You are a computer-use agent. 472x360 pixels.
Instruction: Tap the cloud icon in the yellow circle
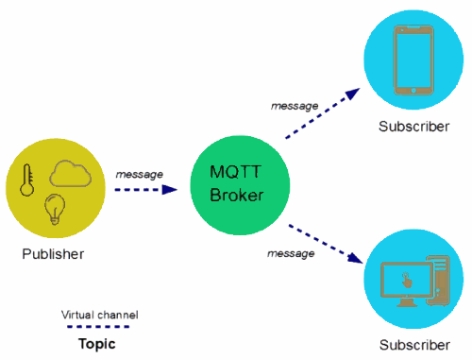coord(69,175)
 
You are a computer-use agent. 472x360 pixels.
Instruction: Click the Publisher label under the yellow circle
coord(53,253)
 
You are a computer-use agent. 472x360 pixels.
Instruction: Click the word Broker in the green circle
coord(235,196)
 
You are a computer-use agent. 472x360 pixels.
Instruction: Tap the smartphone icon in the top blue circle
coord(411,60)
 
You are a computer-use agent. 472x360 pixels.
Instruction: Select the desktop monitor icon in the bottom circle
coord(404,282)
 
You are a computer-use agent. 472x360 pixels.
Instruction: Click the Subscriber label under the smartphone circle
coord(413,127)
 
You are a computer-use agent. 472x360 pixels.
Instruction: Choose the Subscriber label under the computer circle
coord(413,345)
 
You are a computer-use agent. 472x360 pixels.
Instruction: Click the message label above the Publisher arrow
coord(139,174)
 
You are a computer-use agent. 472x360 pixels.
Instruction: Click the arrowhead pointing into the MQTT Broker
coord(171,189)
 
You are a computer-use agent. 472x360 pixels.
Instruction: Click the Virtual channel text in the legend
coord(100,314)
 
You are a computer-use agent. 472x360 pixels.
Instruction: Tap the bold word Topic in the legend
coord(96,344)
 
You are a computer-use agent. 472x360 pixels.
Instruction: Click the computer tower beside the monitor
coord(439,283)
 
